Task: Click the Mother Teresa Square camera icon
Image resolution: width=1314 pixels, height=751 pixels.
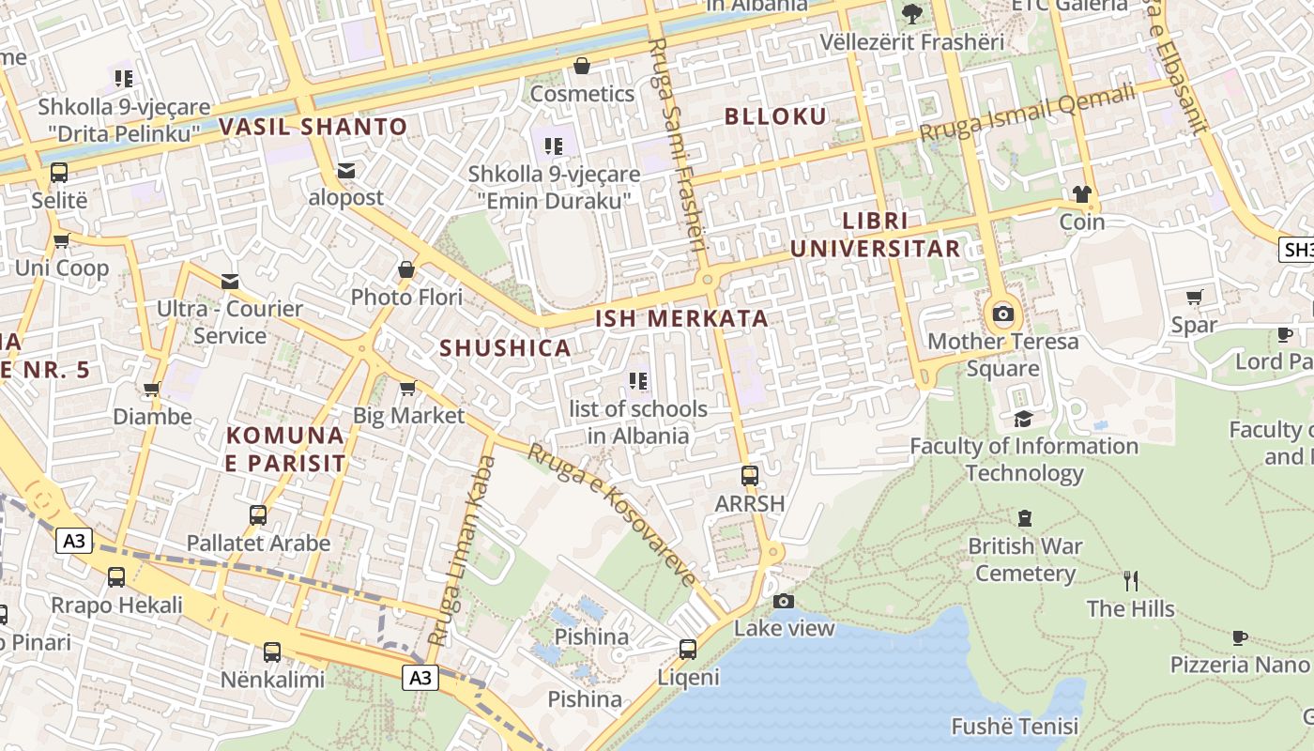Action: coord(1002,314)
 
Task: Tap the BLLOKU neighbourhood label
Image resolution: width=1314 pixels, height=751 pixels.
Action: coord(775,116)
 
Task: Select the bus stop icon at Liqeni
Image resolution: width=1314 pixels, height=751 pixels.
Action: coord(688,649)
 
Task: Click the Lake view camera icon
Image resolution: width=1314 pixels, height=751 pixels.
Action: coord(784,601)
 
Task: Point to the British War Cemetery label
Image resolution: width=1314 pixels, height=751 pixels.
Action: coord(1025,559)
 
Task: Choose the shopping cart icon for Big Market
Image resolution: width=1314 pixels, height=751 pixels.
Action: coord(408,388)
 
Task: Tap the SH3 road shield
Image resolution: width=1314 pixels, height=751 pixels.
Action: coord(1296,250)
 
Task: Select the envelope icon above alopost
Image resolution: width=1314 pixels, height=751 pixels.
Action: coord(346,170)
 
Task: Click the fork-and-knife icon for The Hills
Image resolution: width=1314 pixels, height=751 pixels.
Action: coord(1131,580)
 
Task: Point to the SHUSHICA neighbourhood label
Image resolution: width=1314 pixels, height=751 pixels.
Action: coord(505,347)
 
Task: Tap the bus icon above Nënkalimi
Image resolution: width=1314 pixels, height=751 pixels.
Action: coord(272,651)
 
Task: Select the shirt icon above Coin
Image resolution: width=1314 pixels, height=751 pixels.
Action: coord(1082,194)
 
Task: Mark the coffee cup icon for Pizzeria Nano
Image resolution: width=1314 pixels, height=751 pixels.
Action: coord(1240,637)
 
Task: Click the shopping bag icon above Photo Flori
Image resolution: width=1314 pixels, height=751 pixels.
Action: coord(406,270)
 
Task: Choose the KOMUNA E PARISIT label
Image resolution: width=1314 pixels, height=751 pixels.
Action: coord(285,449)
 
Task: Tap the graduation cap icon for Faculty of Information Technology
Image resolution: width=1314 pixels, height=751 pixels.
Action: coord(1023,419)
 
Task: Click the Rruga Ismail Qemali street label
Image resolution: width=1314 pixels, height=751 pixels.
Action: coord(1027,115)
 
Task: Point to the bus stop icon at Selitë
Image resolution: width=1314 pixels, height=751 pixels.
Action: coord(59,173)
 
